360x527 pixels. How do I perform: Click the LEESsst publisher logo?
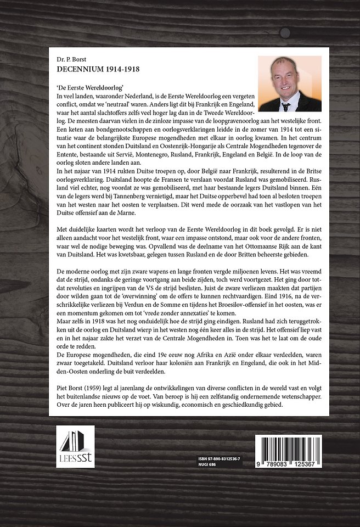[75, 444]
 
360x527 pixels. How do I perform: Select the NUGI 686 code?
[207, 464]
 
